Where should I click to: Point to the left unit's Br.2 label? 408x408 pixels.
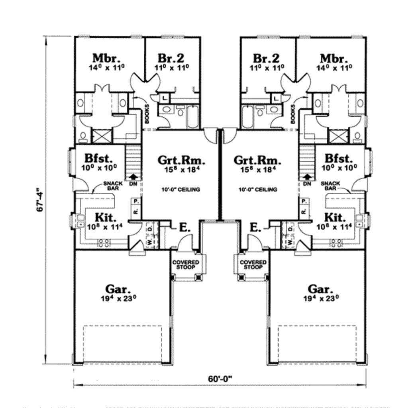171,58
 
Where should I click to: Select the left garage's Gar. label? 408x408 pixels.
118,288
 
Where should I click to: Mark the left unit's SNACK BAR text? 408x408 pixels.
110,186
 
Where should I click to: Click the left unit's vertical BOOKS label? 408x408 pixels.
147,113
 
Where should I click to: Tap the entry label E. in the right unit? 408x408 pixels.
255,228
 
